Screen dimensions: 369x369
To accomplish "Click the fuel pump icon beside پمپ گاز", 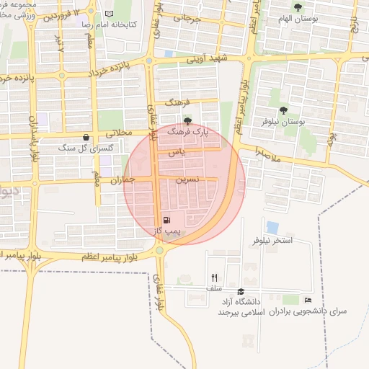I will pyautogui.click(x=167, y=221).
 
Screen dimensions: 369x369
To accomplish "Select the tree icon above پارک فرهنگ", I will pyautogui.click(x=187, y=121).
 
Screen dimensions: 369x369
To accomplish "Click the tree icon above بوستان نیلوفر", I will pyautogui.click(x=283, y=110).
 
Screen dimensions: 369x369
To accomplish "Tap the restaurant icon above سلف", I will pyautogui.click(x=214, y=277).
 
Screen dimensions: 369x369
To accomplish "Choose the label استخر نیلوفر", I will pyautogui.click(x=273, y=240).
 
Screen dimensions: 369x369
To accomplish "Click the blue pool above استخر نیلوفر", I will pyautogui.click(x=272, y=227).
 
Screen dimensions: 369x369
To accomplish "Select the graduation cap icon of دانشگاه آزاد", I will pyautogui.click(x=240, y=291).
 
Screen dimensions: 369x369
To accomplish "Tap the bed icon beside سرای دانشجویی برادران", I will pyautogui.click(x=308, y=300).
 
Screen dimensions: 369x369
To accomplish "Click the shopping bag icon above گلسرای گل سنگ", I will pyautogui.click(x=86, y=137).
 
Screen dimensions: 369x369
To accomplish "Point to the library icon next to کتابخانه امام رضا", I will pyautogui.click(x=109, y=14).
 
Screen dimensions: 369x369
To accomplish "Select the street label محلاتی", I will pyautogui.click(x=120, y=133).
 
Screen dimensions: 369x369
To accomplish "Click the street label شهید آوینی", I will pyautogui.click(x=214, y=59).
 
